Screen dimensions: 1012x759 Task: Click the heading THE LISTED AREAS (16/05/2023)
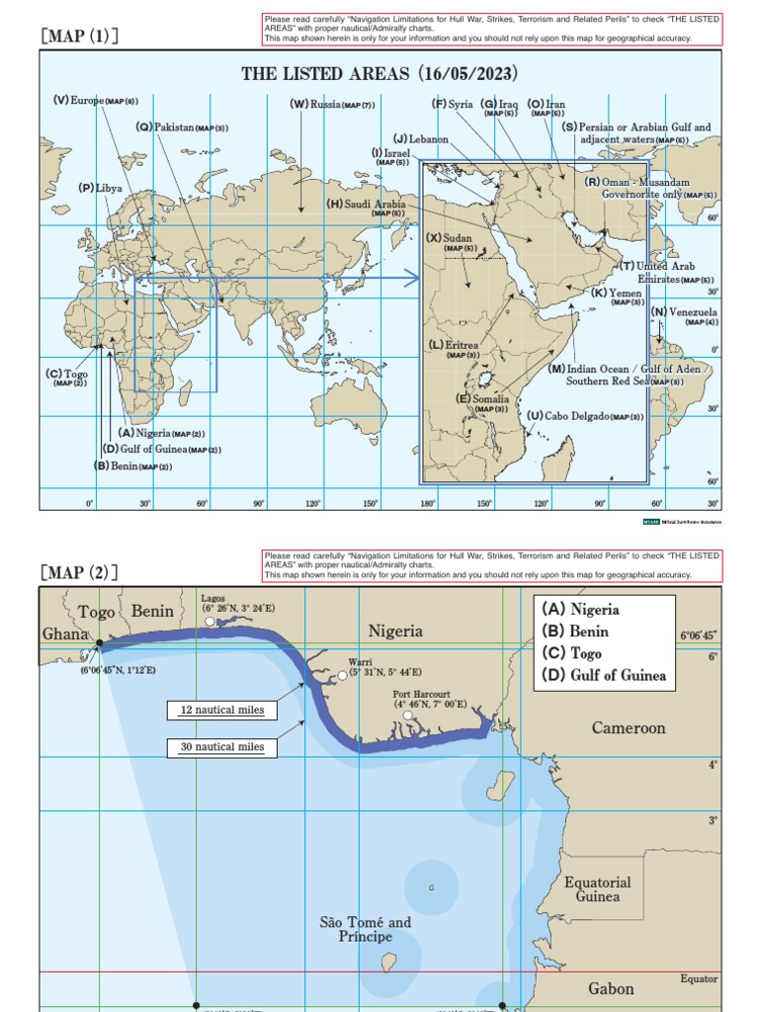tap(380, 74)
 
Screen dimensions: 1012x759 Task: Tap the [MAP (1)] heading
tap(79, 37)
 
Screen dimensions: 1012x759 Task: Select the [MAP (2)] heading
tap(79, 572)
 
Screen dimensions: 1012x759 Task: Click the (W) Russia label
tap(331, 104)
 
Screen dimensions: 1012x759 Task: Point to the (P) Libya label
tap(101, 188)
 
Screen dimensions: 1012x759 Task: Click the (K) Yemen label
tap(618, 294)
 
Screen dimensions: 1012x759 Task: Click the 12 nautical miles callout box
tap(222, 710)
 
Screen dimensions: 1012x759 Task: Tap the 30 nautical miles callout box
tap(222, 747)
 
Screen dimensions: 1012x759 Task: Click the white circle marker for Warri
tap(343, 675)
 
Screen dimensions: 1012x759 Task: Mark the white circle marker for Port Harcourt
tap(408, 715)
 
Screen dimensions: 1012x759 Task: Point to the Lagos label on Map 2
tap(212, 598)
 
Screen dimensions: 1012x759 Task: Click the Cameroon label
tap(629, 727)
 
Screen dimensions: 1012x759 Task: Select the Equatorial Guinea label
tap(599, 888)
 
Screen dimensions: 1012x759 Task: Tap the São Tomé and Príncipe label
tap(365, 929)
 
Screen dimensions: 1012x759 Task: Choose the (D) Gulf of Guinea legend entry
tap(604, 676)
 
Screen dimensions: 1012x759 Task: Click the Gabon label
tap(611, 988)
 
